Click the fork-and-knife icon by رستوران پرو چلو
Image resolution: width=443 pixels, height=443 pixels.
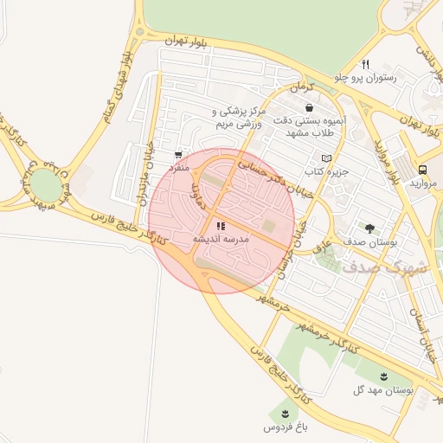click(366, 64)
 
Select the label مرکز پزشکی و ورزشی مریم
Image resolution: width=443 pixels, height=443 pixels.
click(237, 118)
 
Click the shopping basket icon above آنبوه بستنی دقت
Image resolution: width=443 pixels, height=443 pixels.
click(309, 108)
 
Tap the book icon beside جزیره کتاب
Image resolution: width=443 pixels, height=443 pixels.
click(326, 158)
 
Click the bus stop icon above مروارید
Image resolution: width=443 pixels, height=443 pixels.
click(423, 170)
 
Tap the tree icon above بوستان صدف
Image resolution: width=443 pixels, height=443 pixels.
click(370, 228)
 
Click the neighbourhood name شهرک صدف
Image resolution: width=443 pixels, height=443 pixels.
click(385, 267)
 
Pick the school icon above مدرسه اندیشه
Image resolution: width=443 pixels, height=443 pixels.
click(220, 225)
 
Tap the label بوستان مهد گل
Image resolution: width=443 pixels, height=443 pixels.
click(383, 389)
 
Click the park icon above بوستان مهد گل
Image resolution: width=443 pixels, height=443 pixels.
click(382, 376)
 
